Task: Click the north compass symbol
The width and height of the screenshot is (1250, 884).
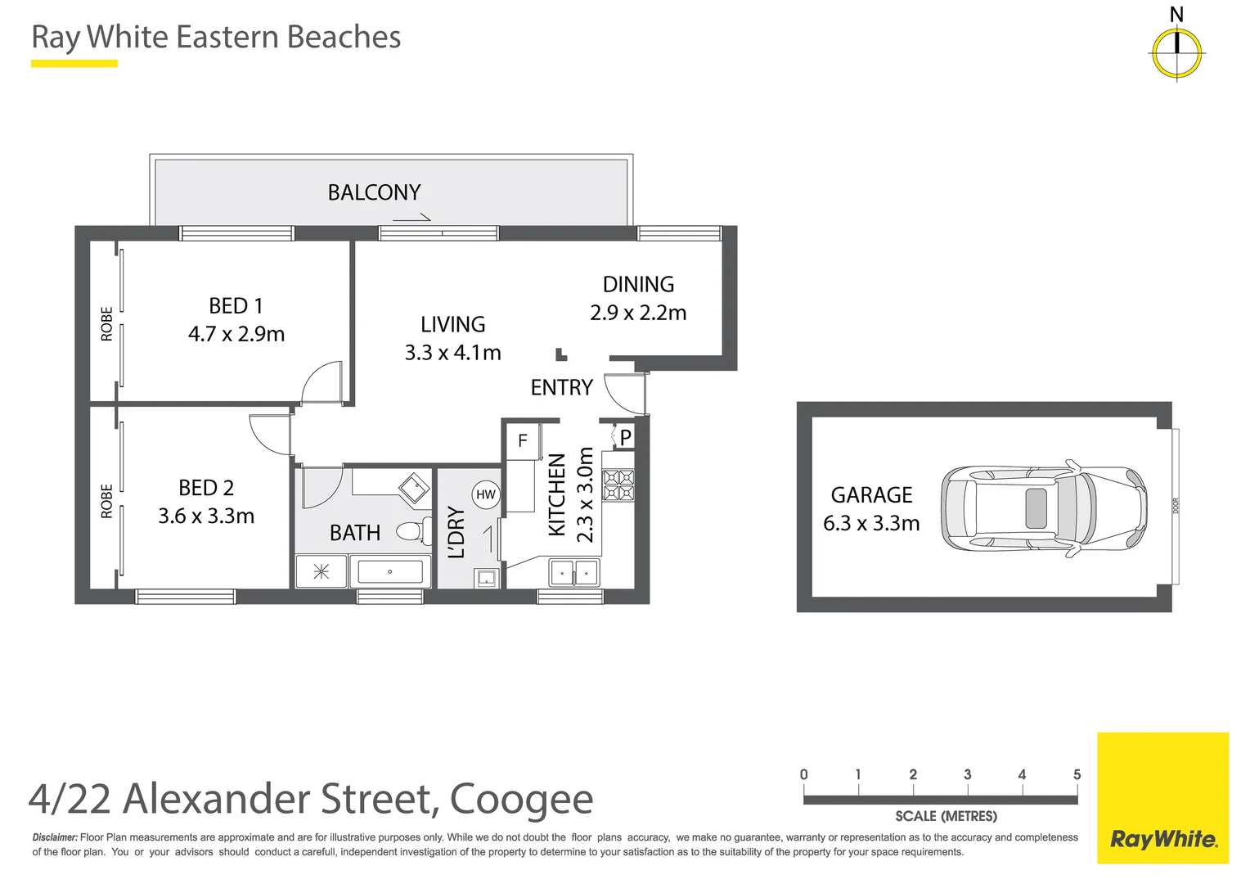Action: point(1176,52)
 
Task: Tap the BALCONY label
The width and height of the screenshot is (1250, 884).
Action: point(374,192)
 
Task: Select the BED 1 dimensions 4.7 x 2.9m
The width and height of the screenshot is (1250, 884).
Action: point(236,334)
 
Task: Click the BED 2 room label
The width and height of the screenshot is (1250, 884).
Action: point(206,488)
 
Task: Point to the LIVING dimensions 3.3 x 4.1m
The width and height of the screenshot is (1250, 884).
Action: point(452,353)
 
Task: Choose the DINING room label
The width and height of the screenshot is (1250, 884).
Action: point(638,284)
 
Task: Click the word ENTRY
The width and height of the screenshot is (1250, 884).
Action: point(561,387)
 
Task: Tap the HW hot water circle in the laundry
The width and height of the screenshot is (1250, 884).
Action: point(486,494)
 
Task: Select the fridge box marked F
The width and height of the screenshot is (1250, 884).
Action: point(522,441)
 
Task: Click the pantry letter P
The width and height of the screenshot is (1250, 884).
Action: point(625,438)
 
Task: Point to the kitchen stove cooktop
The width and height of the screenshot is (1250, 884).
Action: point(618,485)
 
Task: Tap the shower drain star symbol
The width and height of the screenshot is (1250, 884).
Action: point(321,571)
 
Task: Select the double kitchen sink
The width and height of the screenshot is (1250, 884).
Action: point(574,572)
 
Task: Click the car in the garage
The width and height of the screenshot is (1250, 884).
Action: point(1043,507)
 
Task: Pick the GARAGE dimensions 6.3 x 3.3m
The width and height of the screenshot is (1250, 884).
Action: point(871,523)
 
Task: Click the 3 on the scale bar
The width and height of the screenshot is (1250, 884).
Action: point(967,774)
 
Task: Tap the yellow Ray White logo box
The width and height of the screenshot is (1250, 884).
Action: point(1162,798)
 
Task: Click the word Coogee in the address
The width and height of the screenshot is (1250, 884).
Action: point(521,800)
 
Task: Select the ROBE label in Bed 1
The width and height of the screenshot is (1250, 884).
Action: point(106,323)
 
